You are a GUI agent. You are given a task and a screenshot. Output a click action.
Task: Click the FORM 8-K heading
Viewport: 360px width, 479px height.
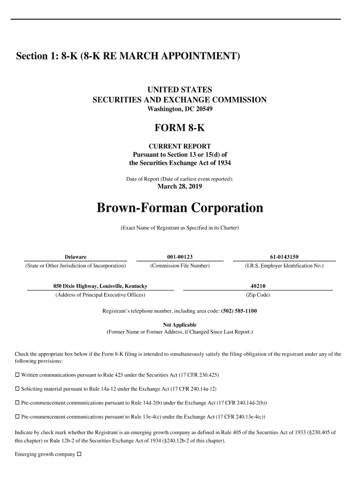coord(180,128)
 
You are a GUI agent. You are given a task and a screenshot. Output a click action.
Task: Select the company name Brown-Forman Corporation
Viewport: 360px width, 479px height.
coord(180,207)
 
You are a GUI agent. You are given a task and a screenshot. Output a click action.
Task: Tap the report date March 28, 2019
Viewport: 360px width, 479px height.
coord(180,187)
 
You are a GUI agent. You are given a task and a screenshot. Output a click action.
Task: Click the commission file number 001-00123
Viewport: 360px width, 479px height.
coord(180,257)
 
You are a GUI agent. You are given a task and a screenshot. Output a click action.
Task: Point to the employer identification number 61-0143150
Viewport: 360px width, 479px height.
coord(284,257)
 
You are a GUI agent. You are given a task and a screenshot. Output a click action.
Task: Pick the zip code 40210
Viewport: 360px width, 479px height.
coord(258,286)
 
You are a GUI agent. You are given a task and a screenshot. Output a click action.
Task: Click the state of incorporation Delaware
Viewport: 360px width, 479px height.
coord(75,257)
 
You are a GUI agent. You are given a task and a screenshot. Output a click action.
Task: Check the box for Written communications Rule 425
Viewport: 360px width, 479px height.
coord(17,375)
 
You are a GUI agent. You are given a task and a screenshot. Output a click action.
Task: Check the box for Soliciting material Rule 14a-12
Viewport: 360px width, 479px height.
coord(17,389)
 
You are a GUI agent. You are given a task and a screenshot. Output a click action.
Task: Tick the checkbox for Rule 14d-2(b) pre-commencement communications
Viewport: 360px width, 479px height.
coord(17,403)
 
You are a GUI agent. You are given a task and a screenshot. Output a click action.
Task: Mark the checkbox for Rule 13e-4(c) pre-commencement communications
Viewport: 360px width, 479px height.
coord(17,416)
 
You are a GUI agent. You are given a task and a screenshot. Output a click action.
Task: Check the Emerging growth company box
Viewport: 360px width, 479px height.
coord(79,454)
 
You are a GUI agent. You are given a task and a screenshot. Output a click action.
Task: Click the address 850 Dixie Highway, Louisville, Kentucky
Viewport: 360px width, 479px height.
coord(100,286)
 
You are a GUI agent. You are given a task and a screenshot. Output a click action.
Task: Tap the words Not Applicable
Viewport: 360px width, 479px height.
coord(180,325)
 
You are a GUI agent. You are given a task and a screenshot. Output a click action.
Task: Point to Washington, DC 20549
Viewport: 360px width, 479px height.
coord(180,109)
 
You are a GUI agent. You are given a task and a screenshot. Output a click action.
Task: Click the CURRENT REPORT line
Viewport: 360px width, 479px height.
coord(180,146)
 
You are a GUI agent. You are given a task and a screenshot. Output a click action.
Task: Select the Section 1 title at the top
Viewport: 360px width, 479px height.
coord(128,57)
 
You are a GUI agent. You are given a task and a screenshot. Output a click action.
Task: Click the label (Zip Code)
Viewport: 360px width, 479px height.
coord(258,295)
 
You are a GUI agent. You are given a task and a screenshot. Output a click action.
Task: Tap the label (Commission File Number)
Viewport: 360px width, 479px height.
coord(180,266)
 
